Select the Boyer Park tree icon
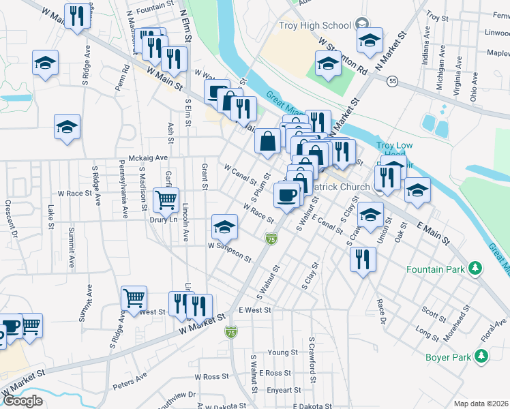pos(481,355)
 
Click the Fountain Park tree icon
pos(475,270)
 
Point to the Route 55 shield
pos(391,81)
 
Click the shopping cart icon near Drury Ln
pos(166,200)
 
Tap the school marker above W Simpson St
pos(224,226)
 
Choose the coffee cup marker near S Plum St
pos(286,194)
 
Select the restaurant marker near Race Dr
pos(363,258)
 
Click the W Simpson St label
pos(230,252)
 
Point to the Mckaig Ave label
pos(142,157)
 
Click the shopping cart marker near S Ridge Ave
pos(134,298)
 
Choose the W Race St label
pos(75,194)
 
